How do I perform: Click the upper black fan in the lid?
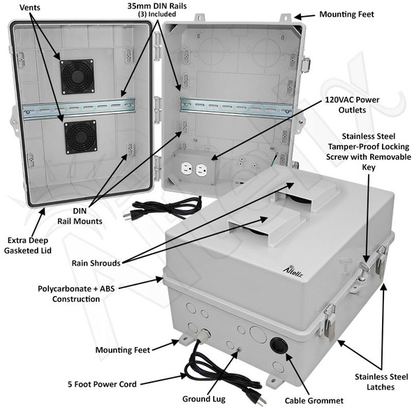77,75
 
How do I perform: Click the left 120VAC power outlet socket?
186,170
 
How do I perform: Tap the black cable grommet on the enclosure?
275,347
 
